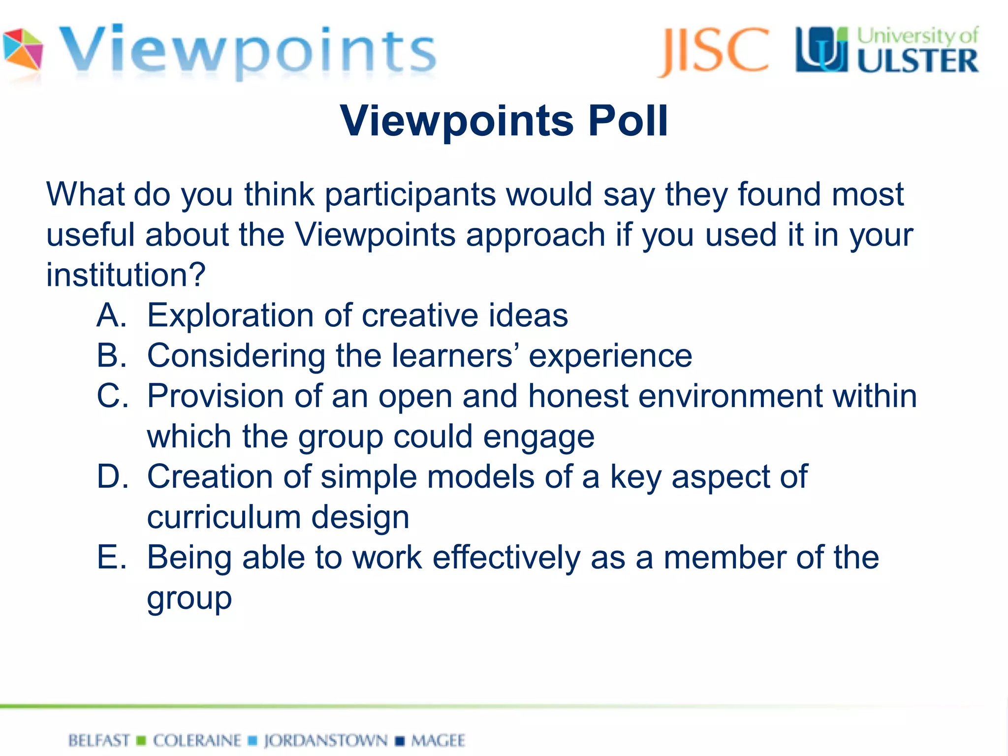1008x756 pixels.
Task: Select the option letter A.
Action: coord(112,315)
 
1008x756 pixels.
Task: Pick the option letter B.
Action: coord(112,355)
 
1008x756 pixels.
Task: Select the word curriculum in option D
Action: coord(224,518)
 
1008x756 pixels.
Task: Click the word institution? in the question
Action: coord(126,275)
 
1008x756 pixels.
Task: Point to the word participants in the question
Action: coord(410,195)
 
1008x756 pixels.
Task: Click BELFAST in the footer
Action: coord(99,740)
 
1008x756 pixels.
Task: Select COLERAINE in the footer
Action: coord(197,740)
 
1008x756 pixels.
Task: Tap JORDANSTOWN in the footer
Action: coord(326,740)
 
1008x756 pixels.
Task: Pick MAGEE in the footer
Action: coord(438,740)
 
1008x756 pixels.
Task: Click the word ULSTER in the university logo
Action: coord(917,61)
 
